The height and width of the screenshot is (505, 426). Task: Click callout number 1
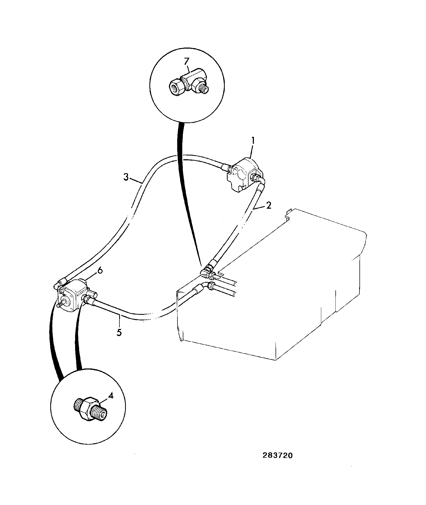(253, 141)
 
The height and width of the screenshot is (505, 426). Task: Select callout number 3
(126, 177)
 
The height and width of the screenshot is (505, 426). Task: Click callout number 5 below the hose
(119, 332)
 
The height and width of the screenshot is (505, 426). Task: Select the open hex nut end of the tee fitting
(176, 87)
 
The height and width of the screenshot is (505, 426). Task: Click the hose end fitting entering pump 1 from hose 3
(227, 168)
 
